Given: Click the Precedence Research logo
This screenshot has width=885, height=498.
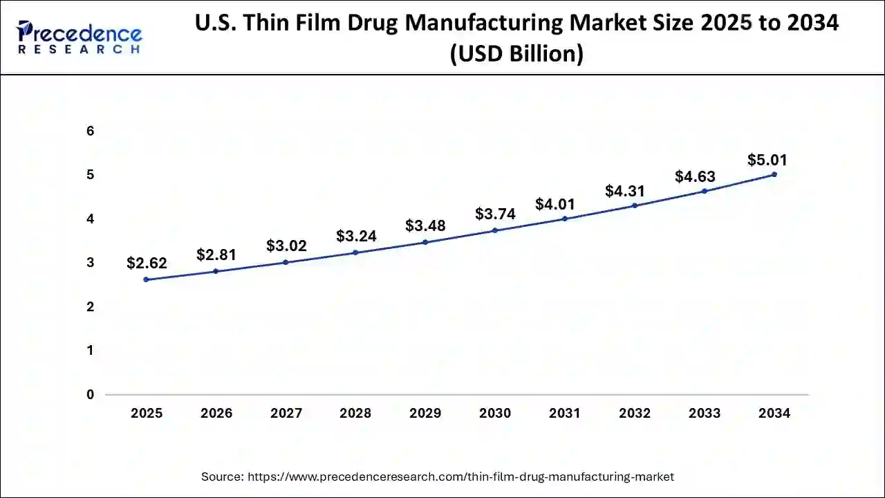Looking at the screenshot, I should click(x=80, y=38).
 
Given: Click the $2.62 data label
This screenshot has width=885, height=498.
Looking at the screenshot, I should click(x=147, y=263).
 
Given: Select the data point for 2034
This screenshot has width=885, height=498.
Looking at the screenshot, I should click(x=774, y=174).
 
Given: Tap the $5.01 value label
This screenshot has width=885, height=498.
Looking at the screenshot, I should click(x=767, y=160).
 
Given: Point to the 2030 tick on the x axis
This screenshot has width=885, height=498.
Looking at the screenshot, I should click(x=495, y=414).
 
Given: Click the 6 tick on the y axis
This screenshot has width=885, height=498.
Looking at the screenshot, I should click(x=90, y=131).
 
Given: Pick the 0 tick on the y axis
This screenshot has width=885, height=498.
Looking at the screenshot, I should click(x=90, y=395).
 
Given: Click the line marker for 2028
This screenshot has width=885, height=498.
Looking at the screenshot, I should click(x=355, y=252).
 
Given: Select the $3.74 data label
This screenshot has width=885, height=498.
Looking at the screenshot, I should click(x=495, y=214).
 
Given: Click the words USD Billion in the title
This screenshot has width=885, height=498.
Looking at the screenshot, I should click(x=516, y=53).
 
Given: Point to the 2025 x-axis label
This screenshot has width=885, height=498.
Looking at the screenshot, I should click(x=147, y=414).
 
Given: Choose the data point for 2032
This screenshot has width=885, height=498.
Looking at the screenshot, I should click(x=634, y=205).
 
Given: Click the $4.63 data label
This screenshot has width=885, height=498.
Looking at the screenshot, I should click(x=695, y=176).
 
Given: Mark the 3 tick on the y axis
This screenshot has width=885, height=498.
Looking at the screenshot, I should click(x=90, y=263).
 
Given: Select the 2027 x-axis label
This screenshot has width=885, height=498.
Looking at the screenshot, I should click(x=286, y=414).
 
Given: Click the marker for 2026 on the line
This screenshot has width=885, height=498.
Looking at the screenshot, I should click(x=216, y=271).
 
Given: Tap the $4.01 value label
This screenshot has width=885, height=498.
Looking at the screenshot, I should click(x=555, y=204).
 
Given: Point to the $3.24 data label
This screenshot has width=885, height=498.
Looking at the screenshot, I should click(x=356, y=237).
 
